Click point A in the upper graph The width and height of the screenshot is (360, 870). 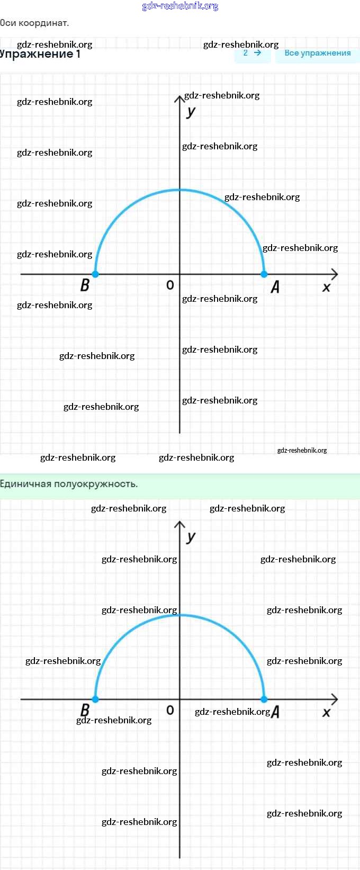coord(264,274)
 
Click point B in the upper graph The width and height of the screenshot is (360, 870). coord(95,274)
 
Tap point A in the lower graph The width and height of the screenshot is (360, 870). coord(264,699)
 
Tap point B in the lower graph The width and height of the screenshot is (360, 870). coord(95,699)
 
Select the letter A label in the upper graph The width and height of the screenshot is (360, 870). coord(275,287)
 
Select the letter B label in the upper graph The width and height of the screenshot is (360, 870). coord(85,285)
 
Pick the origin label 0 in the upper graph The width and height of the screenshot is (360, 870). coord(170,285)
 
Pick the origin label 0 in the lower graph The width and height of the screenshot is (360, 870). coord(170,710)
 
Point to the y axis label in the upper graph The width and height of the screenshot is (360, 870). coord(191,111)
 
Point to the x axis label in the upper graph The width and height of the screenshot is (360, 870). coord(326,288)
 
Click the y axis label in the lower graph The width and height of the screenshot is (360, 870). coord(191,536)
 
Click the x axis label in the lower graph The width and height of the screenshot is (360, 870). coord(326,713)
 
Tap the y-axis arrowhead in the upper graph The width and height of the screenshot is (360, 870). coord(179,98)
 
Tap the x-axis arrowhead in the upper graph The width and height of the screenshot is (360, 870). coord(334,274)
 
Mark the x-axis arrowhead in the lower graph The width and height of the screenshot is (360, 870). coord(334,699)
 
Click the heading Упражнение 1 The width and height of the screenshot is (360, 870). coord(40,54)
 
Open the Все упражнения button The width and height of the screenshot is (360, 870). coord(318,53)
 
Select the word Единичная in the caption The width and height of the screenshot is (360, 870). coord(25,484)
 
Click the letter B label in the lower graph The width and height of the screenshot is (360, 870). coord(85,709)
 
